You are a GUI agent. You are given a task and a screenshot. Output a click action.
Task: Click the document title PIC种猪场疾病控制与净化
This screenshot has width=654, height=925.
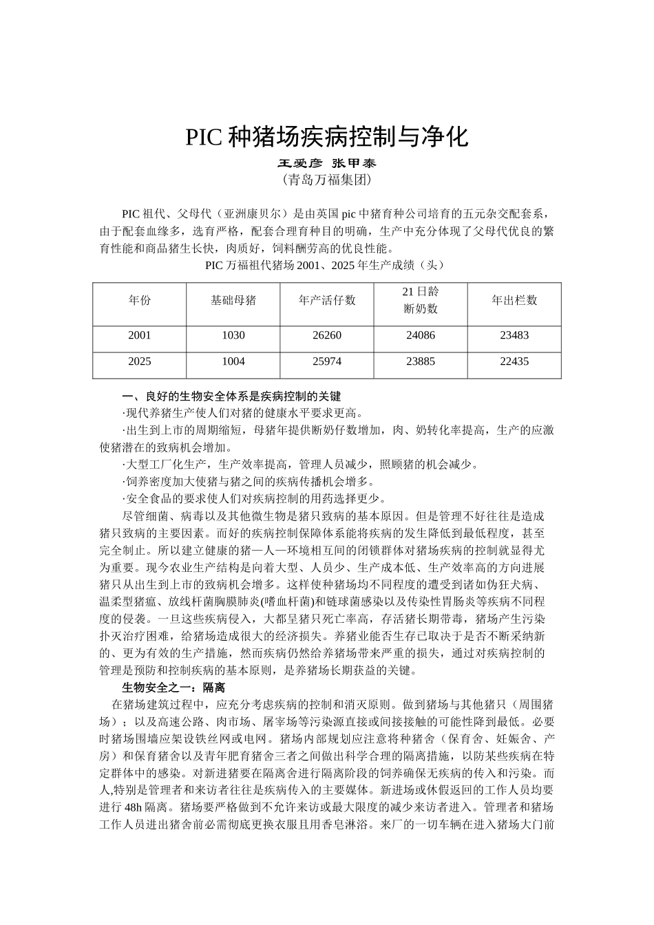326,137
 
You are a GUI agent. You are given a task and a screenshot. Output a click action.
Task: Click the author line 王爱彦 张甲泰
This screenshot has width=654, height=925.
326,164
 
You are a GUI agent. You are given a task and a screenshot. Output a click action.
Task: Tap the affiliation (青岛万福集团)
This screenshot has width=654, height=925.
326,180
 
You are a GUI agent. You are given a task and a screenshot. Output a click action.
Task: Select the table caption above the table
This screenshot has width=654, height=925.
326,265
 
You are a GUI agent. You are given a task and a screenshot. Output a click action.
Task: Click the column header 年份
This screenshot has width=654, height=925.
139,300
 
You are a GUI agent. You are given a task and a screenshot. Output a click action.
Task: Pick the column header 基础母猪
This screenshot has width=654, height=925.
233,300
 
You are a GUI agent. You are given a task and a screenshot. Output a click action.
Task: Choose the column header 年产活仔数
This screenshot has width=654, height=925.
327,300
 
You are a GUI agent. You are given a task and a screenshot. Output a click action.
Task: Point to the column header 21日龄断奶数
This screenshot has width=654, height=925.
420,300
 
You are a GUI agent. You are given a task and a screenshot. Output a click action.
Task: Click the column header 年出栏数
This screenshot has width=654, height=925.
514,300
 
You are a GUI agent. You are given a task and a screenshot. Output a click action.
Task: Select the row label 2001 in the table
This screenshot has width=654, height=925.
139,335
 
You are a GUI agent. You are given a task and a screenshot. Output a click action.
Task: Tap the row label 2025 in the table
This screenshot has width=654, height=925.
139,361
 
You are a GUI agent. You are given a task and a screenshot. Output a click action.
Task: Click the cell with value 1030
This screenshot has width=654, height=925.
233,335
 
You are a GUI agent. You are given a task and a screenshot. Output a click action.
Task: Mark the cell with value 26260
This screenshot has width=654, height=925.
327,335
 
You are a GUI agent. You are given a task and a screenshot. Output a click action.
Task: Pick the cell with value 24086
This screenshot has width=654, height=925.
420,335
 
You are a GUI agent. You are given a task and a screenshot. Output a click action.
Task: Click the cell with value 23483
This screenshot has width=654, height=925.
514,335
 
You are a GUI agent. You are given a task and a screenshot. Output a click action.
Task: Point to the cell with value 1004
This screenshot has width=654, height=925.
233,361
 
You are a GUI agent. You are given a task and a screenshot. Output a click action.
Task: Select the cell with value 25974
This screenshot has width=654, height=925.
327,361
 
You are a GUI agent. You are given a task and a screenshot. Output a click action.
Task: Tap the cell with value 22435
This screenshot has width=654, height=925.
514,361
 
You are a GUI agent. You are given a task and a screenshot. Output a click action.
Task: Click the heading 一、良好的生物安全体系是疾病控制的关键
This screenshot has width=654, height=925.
231,396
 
